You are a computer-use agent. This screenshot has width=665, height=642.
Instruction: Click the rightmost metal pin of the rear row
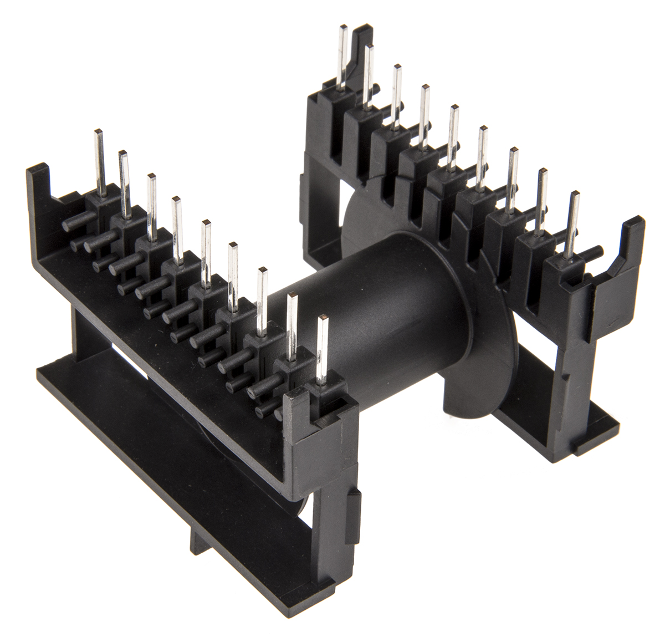coord(575,222)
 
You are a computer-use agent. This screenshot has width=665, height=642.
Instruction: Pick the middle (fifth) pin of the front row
coord(206,249)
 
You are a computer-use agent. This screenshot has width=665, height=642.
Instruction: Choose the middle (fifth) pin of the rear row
coord(454,133)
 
